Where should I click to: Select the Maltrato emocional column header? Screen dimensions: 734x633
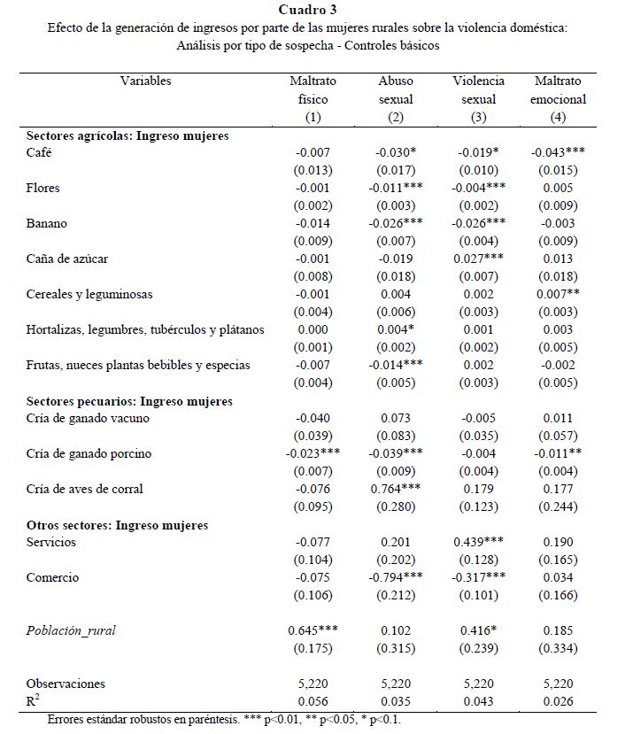[557, 99]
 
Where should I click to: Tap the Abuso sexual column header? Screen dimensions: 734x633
[396, 99]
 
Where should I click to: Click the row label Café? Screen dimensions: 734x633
[41, 152]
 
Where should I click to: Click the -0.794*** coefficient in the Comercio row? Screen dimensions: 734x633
[396, 578]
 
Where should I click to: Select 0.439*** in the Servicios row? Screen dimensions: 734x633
[478, 542]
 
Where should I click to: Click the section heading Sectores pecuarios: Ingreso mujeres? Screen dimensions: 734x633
[129, 401]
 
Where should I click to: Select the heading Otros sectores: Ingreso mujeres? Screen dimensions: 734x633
[117, 525]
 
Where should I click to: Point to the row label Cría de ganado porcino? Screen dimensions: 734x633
[89, 453]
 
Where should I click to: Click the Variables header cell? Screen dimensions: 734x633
[145, 81]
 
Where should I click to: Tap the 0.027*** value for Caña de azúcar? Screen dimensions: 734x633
[478, 259]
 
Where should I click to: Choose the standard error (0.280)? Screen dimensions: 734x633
[396, 506]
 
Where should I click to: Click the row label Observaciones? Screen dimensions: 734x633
[66, 684]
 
